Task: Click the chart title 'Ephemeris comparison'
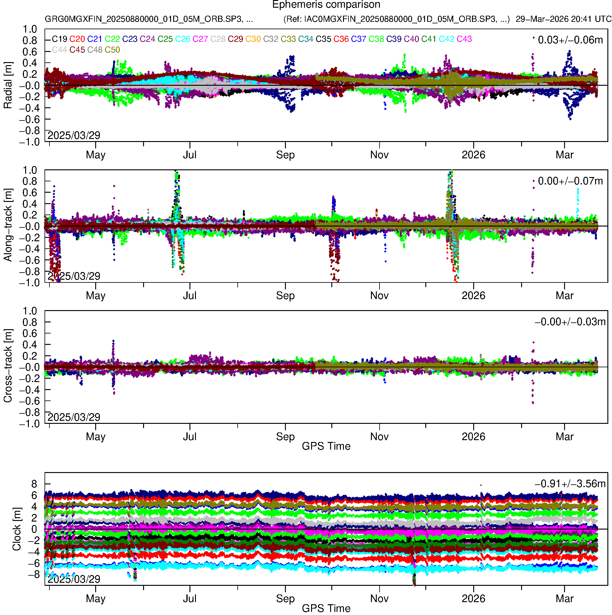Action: pos(326,5)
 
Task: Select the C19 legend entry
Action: pos(60,39)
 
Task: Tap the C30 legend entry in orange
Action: pos(253,39)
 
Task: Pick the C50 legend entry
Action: pos(112,50)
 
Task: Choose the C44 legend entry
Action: pos(60,50)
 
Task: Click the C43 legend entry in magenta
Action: pos(464,39)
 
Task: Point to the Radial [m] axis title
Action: pos(8,85)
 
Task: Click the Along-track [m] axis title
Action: pos(8,225)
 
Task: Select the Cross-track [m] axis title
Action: pos(8,366)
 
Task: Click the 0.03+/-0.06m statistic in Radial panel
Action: pos(570,40)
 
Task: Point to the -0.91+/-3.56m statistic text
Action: pos(570,484)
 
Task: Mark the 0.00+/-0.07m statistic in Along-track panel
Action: pos(570,181)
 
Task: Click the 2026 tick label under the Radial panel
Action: pos(473,155)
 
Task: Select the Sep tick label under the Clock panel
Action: pos(285,599)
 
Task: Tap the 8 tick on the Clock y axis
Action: pos(34,484)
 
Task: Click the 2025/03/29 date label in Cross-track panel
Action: pos(74,417)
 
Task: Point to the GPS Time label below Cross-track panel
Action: pos(326,446)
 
